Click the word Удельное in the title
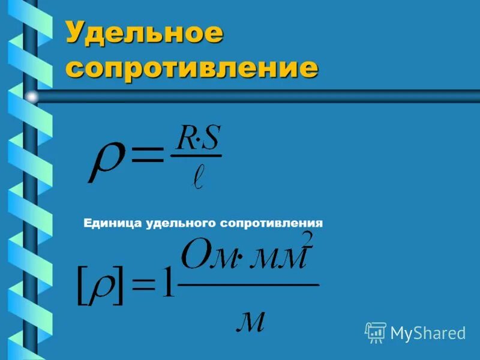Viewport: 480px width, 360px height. (144, 33)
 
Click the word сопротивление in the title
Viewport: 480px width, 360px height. (191, 68)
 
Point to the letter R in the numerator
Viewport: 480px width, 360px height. (184, 140)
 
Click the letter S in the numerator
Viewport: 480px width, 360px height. (211, 140)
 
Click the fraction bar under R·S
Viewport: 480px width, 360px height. (196, 157)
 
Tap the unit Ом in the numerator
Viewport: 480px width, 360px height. (204, 257)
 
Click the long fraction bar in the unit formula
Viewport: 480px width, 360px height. (249, 284)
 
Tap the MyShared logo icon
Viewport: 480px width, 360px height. (376, 332)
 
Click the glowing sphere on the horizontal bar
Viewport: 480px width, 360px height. (31, 95)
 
